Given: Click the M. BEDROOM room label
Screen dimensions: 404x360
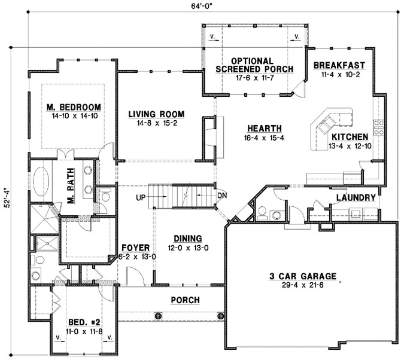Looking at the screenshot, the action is [x=74, y=107].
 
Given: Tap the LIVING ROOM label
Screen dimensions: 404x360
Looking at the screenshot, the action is [x=156, y=114].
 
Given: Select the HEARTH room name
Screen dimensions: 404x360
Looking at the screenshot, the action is [x=265, y=129].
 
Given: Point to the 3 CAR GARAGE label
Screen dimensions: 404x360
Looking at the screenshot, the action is [x=303, y=276].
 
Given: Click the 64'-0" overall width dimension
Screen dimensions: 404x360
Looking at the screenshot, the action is [x=199, y=7].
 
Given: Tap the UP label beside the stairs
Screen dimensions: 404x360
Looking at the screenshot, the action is [x=141, y=197].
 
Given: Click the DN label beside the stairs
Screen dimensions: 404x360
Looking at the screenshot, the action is [x=222, y=196].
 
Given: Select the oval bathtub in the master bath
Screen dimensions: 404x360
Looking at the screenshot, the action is [x=41, y=181].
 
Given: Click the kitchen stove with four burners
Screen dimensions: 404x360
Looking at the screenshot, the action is [x=379, y=128].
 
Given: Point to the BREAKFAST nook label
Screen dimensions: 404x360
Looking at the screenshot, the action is [x=339, y=65].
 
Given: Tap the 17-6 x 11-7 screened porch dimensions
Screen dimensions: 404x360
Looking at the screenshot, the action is [x=254, y=78].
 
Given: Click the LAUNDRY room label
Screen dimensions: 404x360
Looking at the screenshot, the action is [x=356, y=198].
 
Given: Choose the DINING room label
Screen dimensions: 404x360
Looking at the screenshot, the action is [x=188, y=239].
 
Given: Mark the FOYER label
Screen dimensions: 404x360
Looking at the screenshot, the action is [x=135, y=248].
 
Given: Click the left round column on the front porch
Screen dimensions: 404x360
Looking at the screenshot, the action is [x=158, y=316].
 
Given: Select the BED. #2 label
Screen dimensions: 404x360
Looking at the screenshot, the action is [x=84, y=322].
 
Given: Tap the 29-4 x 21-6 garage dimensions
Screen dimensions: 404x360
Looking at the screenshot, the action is [x=303, y=285].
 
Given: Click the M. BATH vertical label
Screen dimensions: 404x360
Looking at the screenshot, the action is [x=71, y=186].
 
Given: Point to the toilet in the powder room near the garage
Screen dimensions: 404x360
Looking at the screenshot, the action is [x=262, y=212].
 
